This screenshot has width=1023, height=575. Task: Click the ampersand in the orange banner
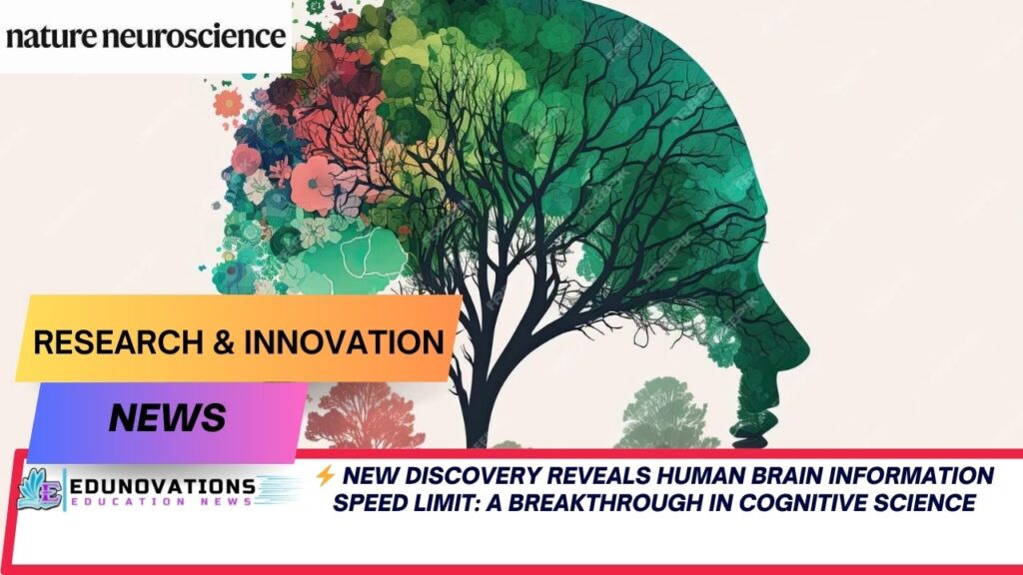229,342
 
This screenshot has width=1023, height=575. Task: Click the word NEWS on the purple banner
167,416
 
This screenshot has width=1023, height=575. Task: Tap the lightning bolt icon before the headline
324,476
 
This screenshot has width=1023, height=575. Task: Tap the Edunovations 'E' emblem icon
41,489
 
